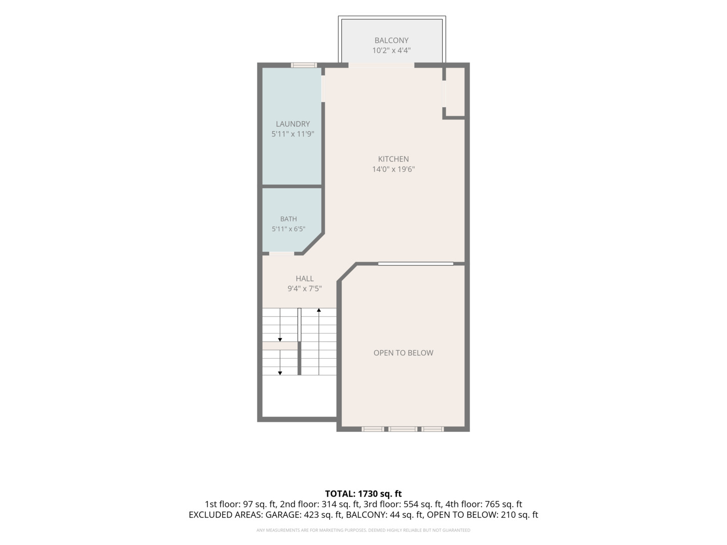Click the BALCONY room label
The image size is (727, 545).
pyautogui.click(x=391, y=40)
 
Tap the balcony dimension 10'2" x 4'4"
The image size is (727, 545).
pyautogui.click(x=391, y=50)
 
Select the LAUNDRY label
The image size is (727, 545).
pyautogui.click(x=293, y=124)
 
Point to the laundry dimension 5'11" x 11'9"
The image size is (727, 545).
pyautogui.click(x=293, y=134)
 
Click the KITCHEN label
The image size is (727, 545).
pyautogui.click(x=393, y=159)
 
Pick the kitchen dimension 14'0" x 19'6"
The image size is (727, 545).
pyautogui.click(x=393, y=169)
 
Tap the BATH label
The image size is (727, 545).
pyautogui.click(x=288, y=219)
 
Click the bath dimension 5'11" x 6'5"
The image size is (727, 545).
pyautogui.click(x=288, y=229)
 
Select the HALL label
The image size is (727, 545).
pyautogui.click(x=305, y=278)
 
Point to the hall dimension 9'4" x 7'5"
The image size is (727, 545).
pyautogui.click(x=305, y=289)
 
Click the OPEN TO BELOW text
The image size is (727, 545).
pyautogui.click(x=403, y=353)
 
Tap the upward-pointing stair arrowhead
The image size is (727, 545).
pyautogui.click(x=319, y=310)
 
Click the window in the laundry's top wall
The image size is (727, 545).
pyautogui.click(x=304, y=65)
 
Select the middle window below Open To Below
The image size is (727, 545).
pyautogui.click(x=403, y=429)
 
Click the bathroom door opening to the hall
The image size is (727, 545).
pyautogui.click(x=281, y=253)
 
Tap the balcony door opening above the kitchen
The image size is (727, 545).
pyautogui.click(x=381, y=65)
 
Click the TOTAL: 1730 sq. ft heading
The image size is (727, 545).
pyautogui.click(x=363, y=494)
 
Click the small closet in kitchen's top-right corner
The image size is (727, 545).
pyautogui.click(x=455, y=92)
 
